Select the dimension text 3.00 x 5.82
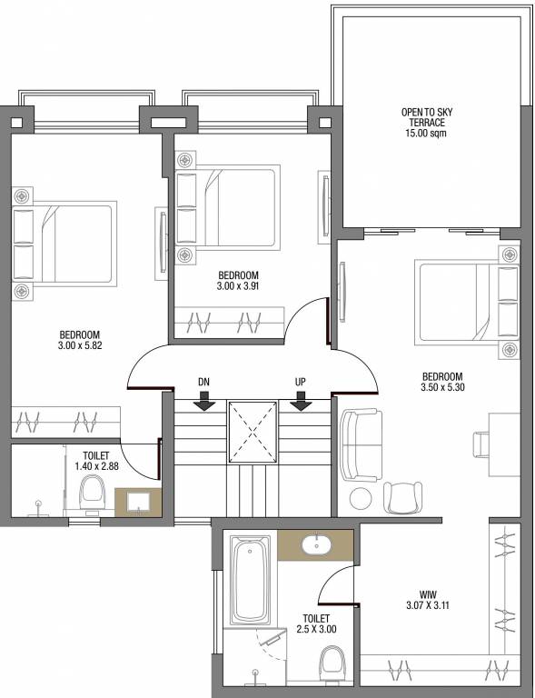pos(80,346)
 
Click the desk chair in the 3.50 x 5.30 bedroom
pos(482,444)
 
